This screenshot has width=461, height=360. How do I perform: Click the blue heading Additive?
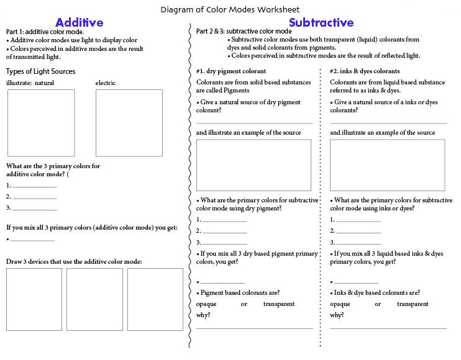tap(79, 23)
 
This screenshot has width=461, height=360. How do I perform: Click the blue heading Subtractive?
tap(321, 23)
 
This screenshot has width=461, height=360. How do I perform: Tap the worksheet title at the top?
tap(230, 9)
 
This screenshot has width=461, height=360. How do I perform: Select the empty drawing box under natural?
tap(41, 122)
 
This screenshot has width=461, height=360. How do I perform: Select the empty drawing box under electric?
tap(129, 122)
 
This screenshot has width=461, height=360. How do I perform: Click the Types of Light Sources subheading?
tap(40, 71)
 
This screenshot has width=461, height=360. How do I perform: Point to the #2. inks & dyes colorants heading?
tap(365, 71)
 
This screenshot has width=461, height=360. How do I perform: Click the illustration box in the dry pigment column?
tap(253, 164)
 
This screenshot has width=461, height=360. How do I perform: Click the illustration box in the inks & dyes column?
tap(387, 164)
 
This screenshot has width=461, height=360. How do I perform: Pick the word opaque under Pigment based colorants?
tap(207, 304)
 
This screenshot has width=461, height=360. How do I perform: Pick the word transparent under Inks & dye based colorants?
tap(413, 304)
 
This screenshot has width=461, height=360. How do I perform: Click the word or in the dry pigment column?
tap(244, 304)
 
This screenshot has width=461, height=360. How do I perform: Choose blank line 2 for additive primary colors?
tap(35, 198)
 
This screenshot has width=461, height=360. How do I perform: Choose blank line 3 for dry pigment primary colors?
tap(224, 243)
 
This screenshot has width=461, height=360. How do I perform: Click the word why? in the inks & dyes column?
tap(337, 315)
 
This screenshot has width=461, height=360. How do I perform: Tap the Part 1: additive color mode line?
tap(44, 32)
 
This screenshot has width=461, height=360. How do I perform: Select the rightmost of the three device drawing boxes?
tap(155, 299)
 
